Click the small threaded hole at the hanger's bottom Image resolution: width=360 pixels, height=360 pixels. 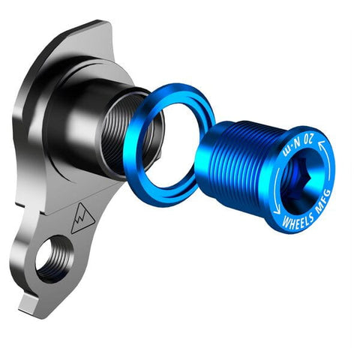pos(54,258)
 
